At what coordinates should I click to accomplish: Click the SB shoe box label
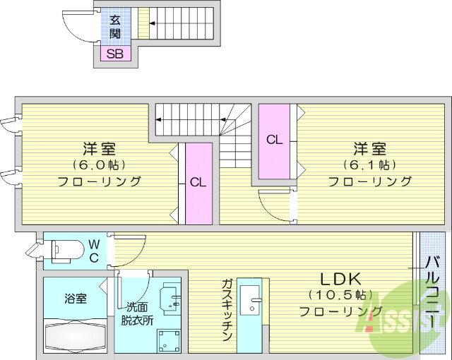(x=114, y=54)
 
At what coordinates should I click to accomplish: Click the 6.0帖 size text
(x=99, y=164)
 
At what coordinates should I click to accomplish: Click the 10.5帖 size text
(x=341, y=294)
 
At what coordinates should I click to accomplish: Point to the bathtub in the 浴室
(x=75, y=335)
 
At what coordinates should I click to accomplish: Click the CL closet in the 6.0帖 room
(x=198, y=182)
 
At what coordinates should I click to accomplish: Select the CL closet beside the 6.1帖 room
(x=274, y=140)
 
